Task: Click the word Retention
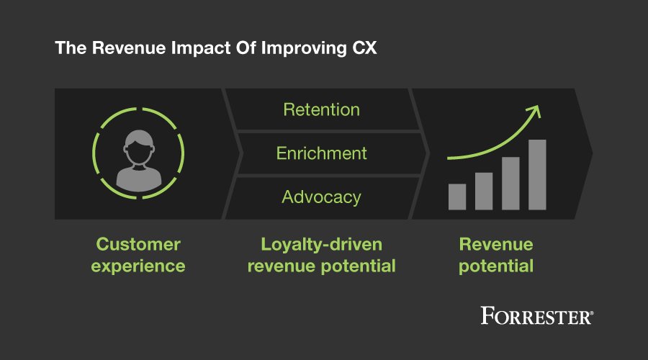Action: [321, 110]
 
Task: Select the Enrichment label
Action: [321, 153]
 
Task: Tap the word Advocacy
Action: [321, 197]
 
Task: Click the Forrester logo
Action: [537, 315]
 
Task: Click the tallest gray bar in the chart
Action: [537, 174]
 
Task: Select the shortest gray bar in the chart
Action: [457, 197]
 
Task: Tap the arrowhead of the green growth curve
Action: [533, 110]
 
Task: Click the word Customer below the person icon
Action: [138, 244]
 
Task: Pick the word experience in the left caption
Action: [138, 266]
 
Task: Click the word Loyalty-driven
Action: [321, 244]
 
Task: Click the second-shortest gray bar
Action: [484, 191]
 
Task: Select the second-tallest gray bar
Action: [510, 183]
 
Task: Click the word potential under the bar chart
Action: [496, 266]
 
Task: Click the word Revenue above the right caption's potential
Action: [496, 244]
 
